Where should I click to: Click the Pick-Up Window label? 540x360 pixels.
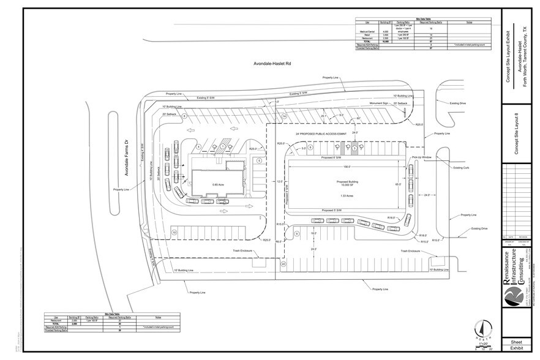(422, 157)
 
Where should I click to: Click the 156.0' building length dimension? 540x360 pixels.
(347, 165)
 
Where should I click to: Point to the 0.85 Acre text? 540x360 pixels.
(216, 184)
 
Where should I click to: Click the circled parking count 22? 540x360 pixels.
(283, 264)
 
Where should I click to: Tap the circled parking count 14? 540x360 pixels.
(284, 116)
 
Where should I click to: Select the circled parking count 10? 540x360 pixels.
(174, 232)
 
